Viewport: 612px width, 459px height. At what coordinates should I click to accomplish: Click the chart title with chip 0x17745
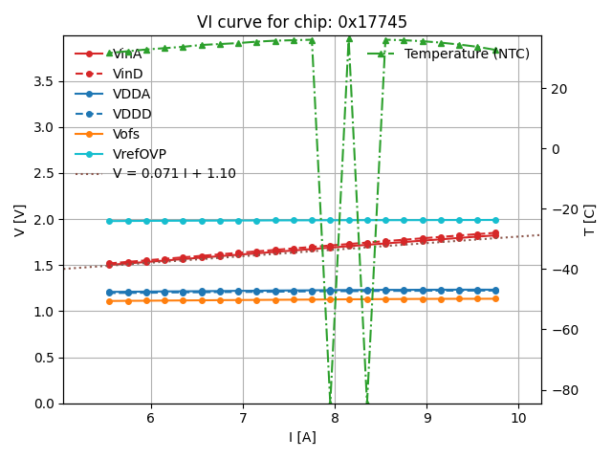pyautogui.click(x=301, y=22)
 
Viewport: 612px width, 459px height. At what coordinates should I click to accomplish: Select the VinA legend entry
pyautogui.click(x=127, y=54)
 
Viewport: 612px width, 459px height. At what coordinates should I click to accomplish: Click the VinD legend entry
pyautogui.click(x=127, y=74)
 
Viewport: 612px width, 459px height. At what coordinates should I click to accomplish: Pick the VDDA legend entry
pyautogui.click(x=131, y=94)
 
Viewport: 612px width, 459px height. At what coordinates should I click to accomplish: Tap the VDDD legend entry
pyautogui.click(x=132, y=114)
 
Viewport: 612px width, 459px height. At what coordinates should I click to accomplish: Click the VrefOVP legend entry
pyautogui.click(x=138, y=154)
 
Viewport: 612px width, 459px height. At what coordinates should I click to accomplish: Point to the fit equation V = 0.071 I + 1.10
pyautogui.click(x=174, y=174)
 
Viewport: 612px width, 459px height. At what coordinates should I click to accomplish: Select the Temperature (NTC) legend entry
pyautogui.click(x=467, y=54)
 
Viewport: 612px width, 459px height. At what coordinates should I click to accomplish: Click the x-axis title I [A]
pyautogui.click(x=302, y=437)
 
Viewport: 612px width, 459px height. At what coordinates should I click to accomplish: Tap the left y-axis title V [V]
pyautogui.click(x=20, y=220)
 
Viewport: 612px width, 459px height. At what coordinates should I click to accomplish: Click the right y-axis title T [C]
pyautogui.click(x=589, y=220)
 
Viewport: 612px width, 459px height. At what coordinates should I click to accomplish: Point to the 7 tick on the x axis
pyautogui.click(x=243, y=419)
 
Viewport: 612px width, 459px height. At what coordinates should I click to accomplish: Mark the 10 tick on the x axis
pyautogui.click(x=518, y=419)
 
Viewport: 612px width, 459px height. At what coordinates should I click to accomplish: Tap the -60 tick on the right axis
pyautogui.click(x=561, y=330)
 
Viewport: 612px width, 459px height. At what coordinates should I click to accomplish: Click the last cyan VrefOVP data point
pyautogui.click(x=494, y=220)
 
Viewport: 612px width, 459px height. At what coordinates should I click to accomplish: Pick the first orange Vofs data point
pyautogui.click(x=109, y=301)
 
